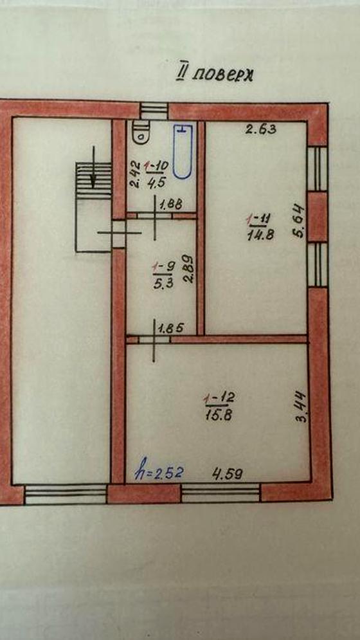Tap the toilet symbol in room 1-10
[x=140, y=133]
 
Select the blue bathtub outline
[x=183, y=151]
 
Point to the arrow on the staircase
[x=94, y=167]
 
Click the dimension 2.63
[x=261, y=130]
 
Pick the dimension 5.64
[x=299, y=221]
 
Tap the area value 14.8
[x=260, y=235]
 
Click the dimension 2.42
[x=135, y=174]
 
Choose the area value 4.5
[x=156, y=182]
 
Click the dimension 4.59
[x=228, y=473]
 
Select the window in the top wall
[x=154, y=111]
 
